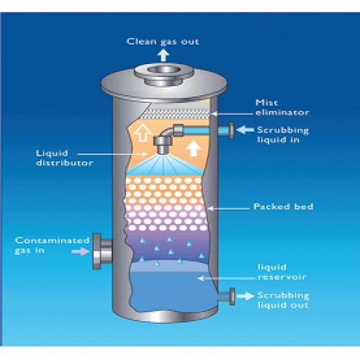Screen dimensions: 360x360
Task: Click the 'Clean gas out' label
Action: tap(163, 42)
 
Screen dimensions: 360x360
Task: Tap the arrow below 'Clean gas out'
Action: tap(163, 55)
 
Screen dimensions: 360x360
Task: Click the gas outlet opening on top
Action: tap(164, 70)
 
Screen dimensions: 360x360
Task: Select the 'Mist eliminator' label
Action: tap(282, 107)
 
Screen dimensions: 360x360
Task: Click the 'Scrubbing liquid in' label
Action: tap(283, 135)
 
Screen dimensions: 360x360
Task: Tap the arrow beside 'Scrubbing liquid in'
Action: tap(245, 130)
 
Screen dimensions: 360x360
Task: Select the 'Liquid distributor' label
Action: tap(65, 158)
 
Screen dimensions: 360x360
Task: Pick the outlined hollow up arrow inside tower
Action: tap(143, 132)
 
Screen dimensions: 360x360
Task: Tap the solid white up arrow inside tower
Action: tap(194, 148)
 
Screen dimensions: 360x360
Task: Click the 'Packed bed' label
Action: tap(284, 207)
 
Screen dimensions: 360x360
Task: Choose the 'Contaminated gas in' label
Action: tap(52, 245)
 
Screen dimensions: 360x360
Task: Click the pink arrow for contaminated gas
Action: tap(81, 251)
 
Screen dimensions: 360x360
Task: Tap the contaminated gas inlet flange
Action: tap(96, 251)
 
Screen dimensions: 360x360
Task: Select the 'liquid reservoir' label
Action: tap(282, 272)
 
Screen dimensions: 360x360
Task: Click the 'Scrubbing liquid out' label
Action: tap(284, 300)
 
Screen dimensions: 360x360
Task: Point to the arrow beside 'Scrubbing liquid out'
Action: tap(246, 296)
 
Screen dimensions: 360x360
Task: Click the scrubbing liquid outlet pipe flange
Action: tap(232, 297)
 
